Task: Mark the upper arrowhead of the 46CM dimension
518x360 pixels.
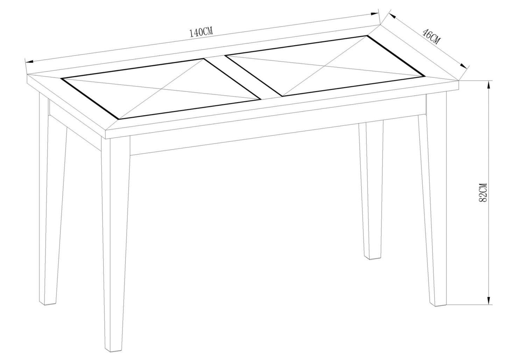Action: tap(392, 16)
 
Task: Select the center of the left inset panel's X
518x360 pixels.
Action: tap(162, 89)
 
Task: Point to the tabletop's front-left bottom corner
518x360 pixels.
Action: tap(106, 139)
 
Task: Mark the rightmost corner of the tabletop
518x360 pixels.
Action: tap(459, 81)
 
